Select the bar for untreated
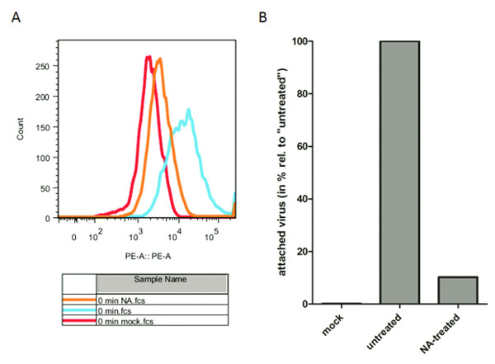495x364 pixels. click(407, 173)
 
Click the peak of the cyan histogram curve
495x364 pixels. click(189, 110)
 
